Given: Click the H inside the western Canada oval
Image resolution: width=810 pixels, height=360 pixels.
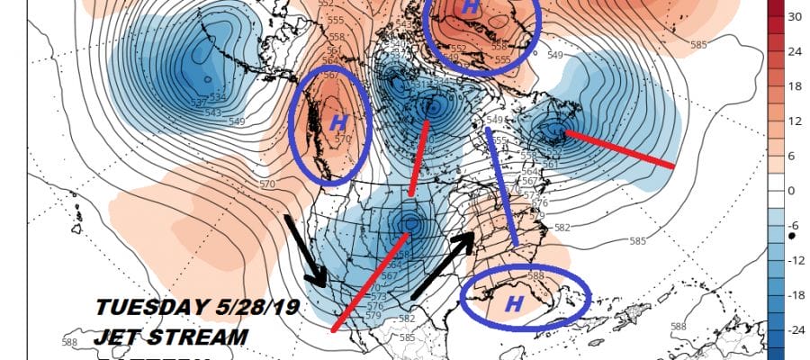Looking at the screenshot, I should [338, 121].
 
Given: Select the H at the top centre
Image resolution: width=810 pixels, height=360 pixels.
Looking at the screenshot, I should [470, 7].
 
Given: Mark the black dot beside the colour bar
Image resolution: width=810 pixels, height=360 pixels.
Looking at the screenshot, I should [790, 235].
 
